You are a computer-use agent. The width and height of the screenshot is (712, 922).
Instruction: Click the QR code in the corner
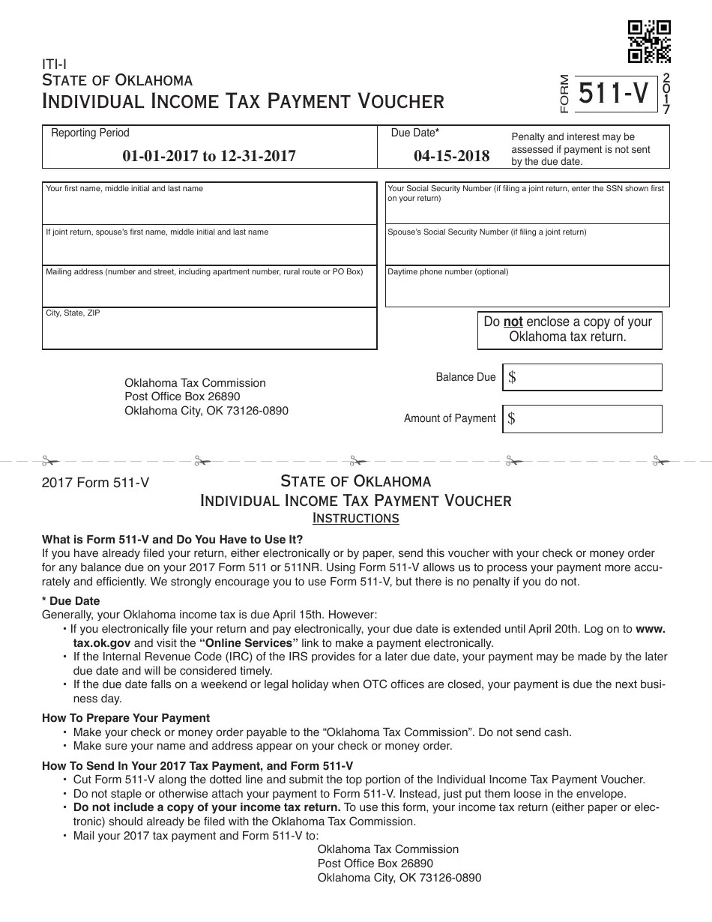click(648, 41)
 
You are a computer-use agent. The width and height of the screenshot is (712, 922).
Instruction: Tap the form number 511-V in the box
click(613, 94)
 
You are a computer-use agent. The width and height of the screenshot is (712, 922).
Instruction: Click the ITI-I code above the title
click(54, 64)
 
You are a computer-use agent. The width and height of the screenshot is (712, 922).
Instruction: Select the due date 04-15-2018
click(451, 156)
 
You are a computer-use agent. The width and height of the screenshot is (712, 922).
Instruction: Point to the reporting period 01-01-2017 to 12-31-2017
click(209, 156)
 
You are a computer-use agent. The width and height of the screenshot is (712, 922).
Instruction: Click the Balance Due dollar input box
click(584, 377)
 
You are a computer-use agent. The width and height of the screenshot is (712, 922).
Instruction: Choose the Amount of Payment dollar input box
click(584, 418)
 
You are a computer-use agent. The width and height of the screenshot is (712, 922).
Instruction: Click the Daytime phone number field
click(527, 287)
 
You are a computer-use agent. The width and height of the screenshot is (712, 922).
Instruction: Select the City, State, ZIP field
click(209, 329)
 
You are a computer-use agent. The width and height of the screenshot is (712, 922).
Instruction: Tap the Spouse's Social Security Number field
click(527, 245)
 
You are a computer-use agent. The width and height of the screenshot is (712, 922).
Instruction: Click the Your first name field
click(209, 203)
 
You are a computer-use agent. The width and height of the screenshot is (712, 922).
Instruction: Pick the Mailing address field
click(209, 286)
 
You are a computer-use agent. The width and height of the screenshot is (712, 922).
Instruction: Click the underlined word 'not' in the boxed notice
click(513, 322)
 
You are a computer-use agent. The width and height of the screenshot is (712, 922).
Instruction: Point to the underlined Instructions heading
click(355, 519)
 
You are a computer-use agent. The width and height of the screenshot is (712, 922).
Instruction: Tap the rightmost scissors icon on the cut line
click(660, 460)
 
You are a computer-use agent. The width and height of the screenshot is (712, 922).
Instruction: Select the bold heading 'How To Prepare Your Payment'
click(126, 718)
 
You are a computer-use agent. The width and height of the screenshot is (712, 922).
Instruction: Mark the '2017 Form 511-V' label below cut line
click(95, 483)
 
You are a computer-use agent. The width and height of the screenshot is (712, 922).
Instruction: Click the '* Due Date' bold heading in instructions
click(71, 601)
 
